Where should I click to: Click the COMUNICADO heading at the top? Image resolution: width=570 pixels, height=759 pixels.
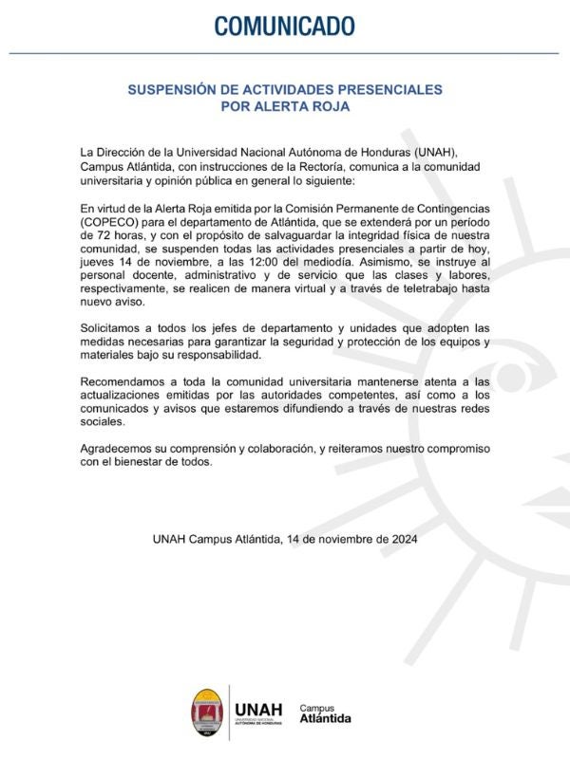tap(285, 26)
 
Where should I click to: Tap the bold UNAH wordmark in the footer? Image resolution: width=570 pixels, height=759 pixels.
tap(258, 708)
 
